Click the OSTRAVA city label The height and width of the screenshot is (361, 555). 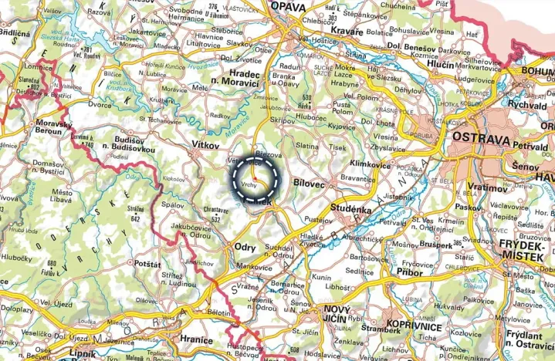tap(482, 139)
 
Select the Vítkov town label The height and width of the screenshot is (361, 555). tap(206, 145)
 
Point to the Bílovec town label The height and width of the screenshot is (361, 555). tap(310, 183)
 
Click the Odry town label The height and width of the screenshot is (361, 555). tap(245, 246)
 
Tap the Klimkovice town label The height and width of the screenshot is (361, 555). tap(371, 164)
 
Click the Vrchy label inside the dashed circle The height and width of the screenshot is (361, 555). tap(249, 186)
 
